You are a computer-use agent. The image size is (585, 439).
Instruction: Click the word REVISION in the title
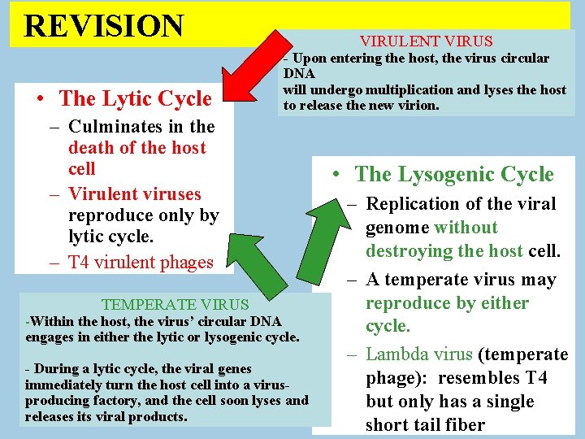tap(104, 25)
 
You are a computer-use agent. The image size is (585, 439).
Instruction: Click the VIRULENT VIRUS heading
tap(427, 41)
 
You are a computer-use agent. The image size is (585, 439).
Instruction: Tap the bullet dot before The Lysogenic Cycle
tap(335, 175)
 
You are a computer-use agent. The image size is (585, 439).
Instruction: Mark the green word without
tap(466, 228)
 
